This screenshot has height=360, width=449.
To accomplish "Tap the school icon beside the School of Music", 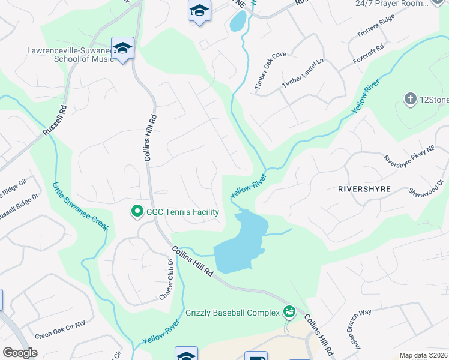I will coord(122,48).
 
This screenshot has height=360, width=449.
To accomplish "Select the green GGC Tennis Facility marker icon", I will coord(137,211).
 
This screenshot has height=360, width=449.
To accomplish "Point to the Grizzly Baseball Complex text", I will coord(232,313).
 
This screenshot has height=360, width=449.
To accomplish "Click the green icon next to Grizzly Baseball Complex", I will coord(289,311).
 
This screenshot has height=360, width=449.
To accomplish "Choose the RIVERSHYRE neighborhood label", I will coord(364,189).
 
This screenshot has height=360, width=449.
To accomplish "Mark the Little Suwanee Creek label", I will coord(80,206).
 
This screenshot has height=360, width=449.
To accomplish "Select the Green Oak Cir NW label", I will coord(59,336).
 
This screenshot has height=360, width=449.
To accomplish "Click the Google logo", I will coord(20,353).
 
